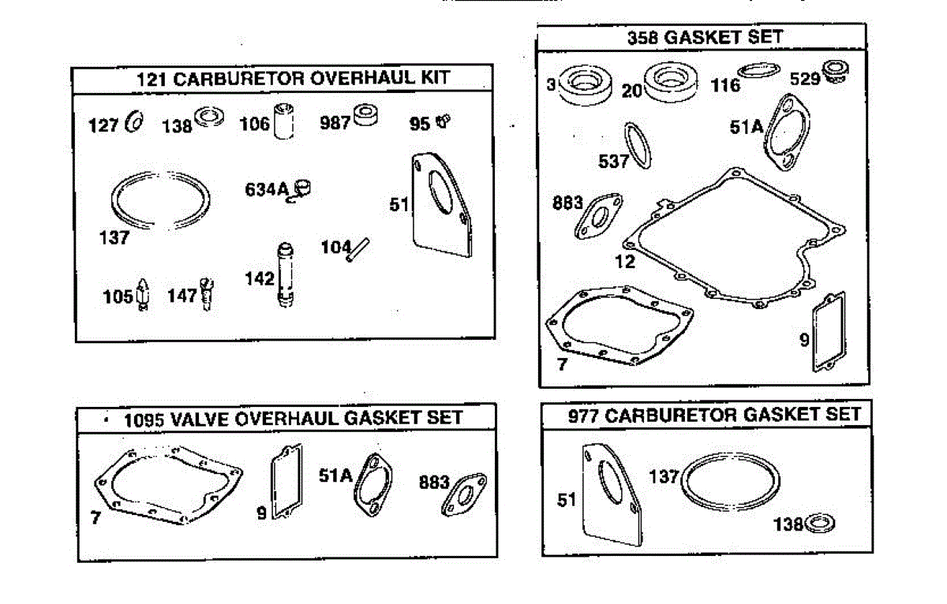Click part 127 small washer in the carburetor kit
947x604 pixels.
click(x=134, y=123)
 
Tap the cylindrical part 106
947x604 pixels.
click(x=284, y=121)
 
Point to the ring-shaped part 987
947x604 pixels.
click(x=365, y=115)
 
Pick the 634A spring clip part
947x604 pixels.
click(x=302, y=189)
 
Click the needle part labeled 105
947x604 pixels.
click(x=144, y=294)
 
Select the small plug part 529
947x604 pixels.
click(x=833, y=73)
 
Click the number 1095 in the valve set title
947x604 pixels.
click(x=144, y=418)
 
